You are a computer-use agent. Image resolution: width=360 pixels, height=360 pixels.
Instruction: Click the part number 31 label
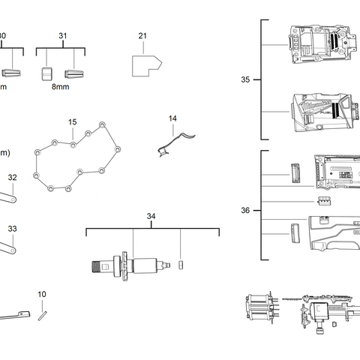pyautogui.click(x=62, y=35)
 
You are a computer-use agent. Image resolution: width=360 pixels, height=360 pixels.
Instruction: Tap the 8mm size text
pyautogui.click(x=61, y=87)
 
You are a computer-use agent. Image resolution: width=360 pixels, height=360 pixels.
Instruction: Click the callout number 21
pyautogui.click(x=142, y=35)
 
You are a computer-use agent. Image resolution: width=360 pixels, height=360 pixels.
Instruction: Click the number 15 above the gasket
pyautogui.click(x=73, y=121)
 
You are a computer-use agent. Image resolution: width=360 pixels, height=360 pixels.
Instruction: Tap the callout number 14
pyautogui.click(x=172, y=118)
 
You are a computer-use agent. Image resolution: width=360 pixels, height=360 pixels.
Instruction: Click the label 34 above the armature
pyautogui.click(x=151, y=217)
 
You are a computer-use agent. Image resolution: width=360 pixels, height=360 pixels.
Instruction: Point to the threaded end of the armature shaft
pyautogui.click(x=96, y=265)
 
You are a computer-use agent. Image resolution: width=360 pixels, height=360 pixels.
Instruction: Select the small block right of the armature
pyautogui.click(x=181, y=263)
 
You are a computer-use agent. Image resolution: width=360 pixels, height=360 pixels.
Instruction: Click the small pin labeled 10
pyautogui.click(x=44, y=313)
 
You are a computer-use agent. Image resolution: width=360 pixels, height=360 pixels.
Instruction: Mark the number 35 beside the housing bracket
pyautogui.click(x=245, y=79)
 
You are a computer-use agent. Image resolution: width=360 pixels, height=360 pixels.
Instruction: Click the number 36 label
pyautogui.click(x=245, y=211)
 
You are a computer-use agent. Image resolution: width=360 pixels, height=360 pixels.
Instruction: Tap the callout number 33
pyautogui.click(x=12, y=228)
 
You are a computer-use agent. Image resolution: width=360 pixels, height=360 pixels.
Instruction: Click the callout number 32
pyautogui.click(x=12, y=178)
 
